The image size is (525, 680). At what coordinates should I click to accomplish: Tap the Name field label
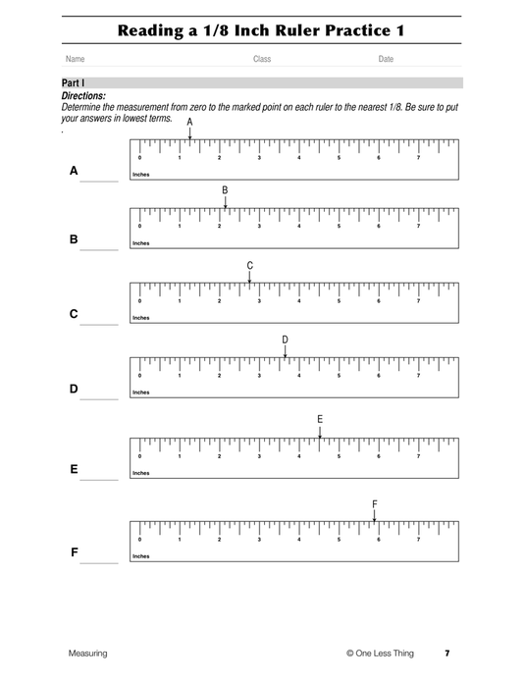75,60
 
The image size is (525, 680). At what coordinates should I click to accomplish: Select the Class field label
262,60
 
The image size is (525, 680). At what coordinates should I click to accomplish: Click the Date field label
386,60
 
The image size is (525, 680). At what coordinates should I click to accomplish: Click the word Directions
83,96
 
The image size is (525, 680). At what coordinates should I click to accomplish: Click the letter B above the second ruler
225,189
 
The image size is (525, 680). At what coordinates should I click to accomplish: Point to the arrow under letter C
250,278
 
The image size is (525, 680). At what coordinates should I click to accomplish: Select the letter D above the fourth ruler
286,340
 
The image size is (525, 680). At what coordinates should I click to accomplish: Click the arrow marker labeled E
320,432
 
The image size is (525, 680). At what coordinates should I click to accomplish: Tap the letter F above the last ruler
375,503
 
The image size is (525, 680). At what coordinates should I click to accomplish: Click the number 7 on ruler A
419,157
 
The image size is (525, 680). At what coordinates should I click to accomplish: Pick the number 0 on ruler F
139,539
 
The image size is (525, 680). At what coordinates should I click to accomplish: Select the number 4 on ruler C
298,300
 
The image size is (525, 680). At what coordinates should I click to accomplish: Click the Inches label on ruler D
141,392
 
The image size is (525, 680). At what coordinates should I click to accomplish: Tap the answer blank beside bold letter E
98,478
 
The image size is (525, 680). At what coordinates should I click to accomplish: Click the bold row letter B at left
74,238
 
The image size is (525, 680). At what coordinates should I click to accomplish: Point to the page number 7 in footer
446,653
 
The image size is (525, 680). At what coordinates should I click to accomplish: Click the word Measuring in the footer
87,653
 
